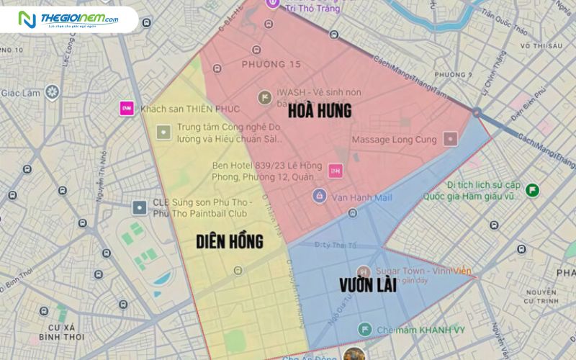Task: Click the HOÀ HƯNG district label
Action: click(x=320, y=111)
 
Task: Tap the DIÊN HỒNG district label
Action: click(x=230, y=241)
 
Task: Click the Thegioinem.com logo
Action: click(x=69, y=19)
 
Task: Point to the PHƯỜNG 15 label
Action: click(x=271, y=65)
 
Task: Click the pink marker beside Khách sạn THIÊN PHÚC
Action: click(x=127, y=108)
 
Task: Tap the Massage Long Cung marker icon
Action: click(x=451, y=138)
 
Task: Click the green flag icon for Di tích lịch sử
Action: click(x=532, y=190)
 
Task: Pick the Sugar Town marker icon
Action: click(x=365, y=271)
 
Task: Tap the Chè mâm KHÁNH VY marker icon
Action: click(x=365, y=329)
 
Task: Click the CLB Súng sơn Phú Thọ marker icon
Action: click(x=139, y=207)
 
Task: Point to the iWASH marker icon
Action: click(x=265, y=96)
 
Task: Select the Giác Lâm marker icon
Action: click(x=52, y=91)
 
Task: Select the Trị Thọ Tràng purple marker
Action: click(x=273, y=3)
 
